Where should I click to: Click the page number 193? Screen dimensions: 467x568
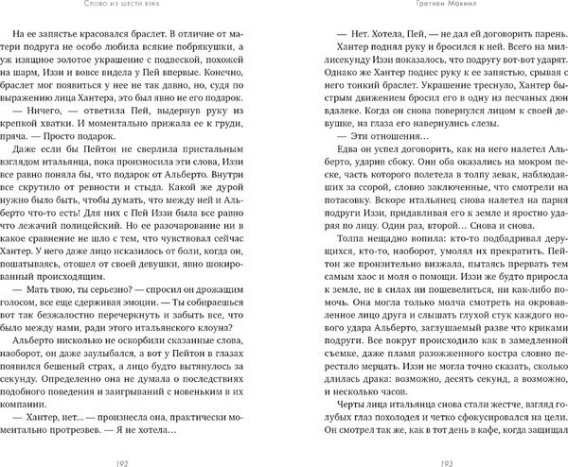click(422, 454)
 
